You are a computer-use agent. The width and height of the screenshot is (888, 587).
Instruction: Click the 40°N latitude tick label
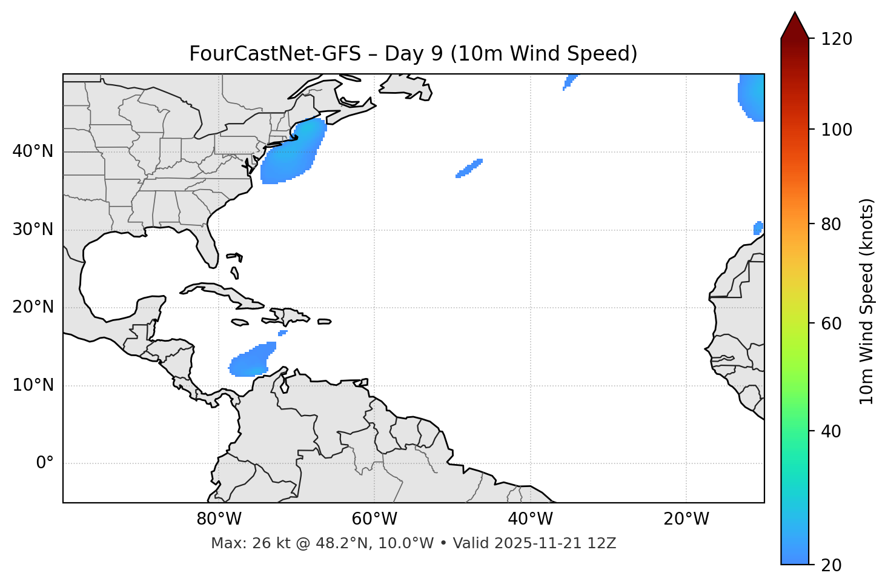(x=33, y=151)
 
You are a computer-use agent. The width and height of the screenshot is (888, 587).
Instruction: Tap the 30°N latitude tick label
(x=33, y=230)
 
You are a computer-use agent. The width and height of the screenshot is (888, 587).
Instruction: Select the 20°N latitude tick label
(x=33, y=307)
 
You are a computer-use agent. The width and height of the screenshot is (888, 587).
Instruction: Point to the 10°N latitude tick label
(x=33, y=385)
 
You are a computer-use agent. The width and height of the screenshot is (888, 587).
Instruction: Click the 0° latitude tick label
(x=45, y=463)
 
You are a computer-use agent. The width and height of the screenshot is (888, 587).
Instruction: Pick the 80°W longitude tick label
(x=219, y=519)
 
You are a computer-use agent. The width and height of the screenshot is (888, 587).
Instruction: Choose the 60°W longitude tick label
(x=374, y=519)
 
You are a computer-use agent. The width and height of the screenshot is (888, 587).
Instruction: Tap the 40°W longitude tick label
(x=530, y=519)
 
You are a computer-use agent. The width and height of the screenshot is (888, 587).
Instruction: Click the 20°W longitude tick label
(x=686, y=519)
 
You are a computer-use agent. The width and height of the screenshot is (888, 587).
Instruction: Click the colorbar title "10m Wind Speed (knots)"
(x=867, y=301)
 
